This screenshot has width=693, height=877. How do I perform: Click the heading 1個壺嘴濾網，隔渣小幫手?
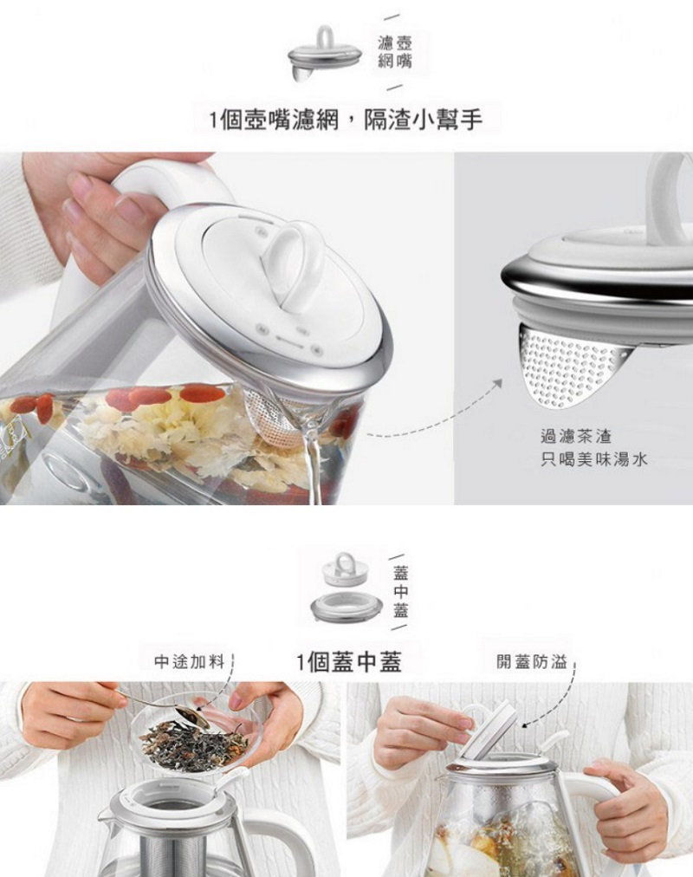(346, 120)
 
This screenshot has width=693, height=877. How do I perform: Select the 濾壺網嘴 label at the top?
(395, 51)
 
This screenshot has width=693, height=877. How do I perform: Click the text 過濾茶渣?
(576, 436)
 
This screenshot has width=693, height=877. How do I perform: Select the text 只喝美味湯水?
(594, 460)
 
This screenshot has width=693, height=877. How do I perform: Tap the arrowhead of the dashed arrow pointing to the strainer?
(496, 384)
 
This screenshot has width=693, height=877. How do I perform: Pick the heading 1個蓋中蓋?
(349, 662)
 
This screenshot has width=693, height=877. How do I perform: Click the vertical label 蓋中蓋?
(401, 591)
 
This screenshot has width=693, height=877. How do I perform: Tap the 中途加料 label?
(190, 662)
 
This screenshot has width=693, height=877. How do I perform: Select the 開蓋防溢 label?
(532, 662)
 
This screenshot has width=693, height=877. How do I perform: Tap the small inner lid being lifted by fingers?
(485, 729)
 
